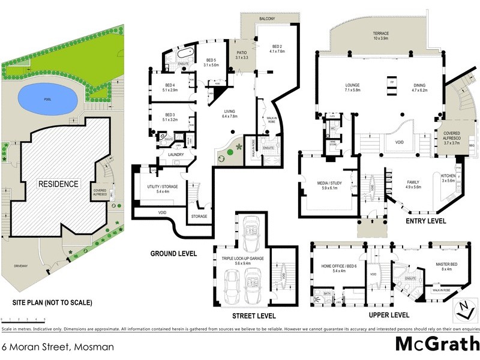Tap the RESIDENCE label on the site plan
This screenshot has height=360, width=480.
point(59,184)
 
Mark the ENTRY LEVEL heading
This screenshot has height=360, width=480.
point(425,221)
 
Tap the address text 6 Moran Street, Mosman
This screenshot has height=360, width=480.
point(57,346)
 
